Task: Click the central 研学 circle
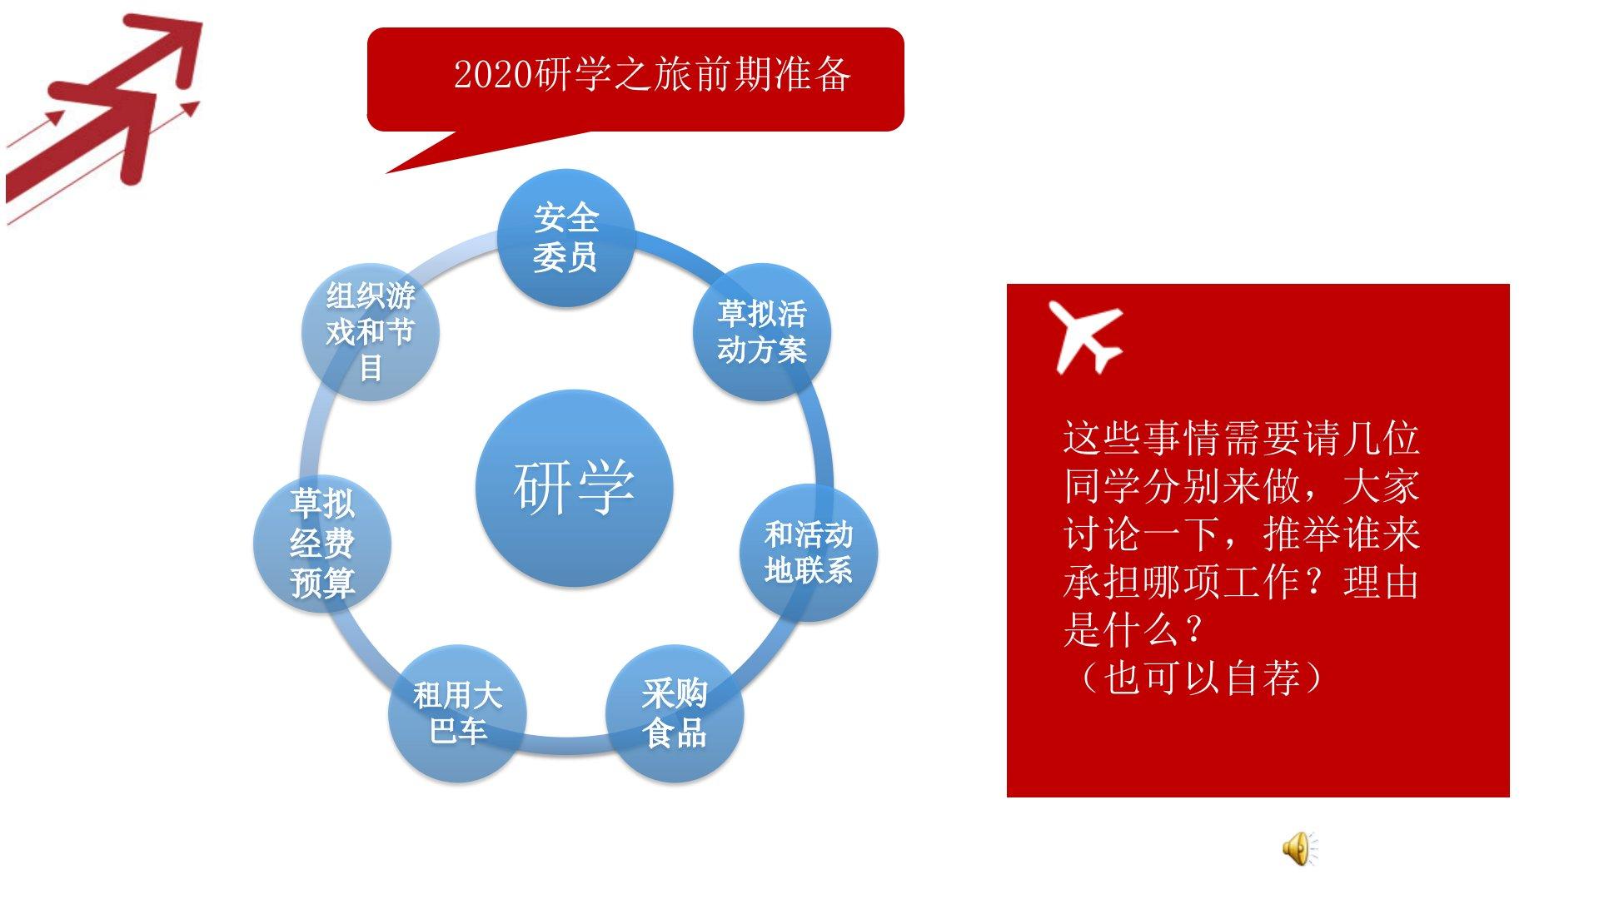coord(574,488)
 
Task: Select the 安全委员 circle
coord(566,238)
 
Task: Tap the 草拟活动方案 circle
coord(762,332)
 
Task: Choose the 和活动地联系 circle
coord(809,552)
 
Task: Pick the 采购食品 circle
coord(675,713)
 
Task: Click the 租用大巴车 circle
coord(458,713)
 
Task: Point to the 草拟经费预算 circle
coord(322,544)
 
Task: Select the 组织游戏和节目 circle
coord(370,332)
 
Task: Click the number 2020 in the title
coord(493,75)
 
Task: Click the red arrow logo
coord(104,117)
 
